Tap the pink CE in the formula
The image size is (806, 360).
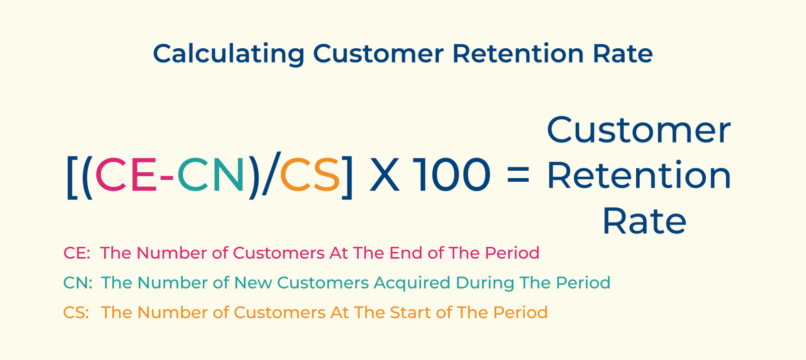tap(126, 175)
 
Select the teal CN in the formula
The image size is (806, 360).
tap(211, 175)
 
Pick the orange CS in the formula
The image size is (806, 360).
tap(310, 175)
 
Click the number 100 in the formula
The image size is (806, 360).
tap(452, 175)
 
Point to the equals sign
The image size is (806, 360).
tap(517, 176)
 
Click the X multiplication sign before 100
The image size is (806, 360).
tap(385, 175)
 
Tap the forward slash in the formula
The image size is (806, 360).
tap(271, 175)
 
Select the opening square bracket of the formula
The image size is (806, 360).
tap(71, 176)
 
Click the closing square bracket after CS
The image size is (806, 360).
tap(348, 176)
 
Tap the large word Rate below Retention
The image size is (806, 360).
tap(644, 222)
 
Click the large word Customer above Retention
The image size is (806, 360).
tap(638, 130)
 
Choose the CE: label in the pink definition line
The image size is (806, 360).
tap(77, 253)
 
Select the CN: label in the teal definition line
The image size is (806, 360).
tap(78, 282)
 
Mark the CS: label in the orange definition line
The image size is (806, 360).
tap(76, 313)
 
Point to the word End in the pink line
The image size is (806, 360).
tap(406, 253)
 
